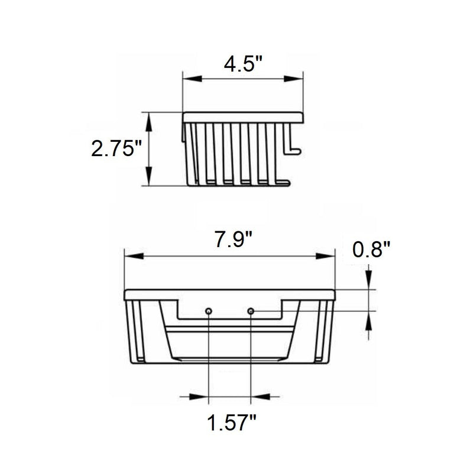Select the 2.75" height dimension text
(116, 148)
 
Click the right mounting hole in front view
(251, 311)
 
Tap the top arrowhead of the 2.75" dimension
(149, 119)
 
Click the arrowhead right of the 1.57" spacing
(260, 397)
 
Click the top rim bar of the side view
(243, 117)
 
